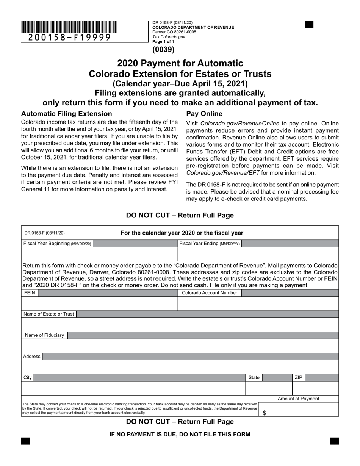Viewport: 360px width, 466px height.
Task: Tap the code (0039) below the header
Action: point(163,49)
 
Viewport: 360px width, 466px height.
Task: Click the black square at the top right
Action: point(309,25)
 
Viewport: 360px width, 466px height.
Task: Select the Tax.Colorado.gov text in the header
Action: point(169,37)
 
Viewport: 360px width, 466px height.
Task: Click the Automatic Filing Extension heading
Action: point(67,114)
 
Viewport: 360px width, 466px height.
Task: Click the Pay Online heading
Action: point(204,114)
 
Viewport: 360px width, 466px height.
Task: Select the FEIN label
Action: point(29,293)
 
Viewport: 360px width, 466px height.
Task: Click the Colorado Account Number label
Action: point(210,293)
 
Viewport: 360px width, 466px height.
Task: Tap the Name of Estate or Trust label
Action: point(49,314)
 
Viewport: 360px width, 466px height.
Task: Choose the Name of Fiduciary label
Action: point(44,335)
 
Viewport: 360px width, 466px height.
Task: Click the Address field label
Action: point(31,357)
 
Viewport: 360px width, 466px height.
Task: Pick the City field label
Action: point(28,378)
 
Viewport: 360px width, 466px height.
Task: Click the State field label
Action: point(254,378)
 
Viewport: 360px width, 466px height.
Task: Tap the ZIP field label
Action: point(298,378)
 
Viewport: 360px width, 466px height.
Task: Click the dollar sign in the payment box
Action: point(264,413)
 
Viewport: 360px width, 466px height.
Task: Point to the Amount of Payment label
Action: point(298,399)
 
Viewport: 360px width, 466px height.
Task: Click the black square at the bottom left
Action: point(25,441)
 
